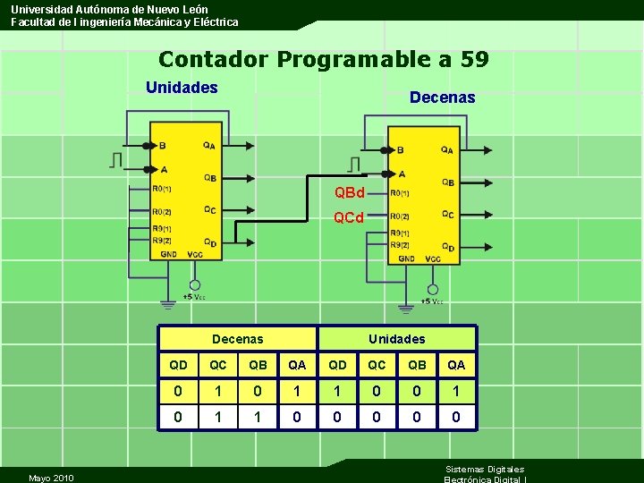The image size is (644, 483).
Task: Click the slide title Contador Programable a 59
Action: pyautogui.click(x=323, y=60)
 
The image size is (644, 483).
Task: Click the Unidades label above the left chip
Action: pyautogui.click(x=182, y=88)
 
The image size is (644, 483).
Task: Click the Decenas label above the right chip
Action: pyautogui.click(x=442, y=97)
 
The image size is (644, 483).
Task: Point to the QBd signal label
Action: pyautogui.click(x=349, y=193)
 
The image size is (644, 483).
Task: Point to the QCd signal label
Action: pyautogui.click(x=348, y=217)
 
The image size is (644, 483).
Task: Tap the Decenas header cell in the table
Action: pyautogui.click(x=237, y=339)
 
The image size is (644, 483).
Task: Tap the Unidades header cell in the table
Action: pyautogui.click(x=396, y=339)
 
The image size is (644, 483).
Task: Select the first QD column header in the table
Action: pyautogui.click(x=178, y=365)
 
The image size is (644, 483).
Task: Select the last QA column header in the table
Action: pyautogui.click(x=456, y=365)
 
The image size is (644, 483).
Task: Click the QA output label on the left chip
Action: pyautogui.click(x=208, y=146)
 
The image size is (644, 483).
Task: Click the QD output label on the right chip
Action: pyautogui.click(x=447, y=247)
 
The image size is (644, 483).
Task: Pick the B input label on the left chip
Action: pyautogui.click(x=162, y=146)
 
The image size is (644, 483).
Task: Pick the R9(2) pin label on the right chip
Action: pyautogui.click(x=400, y=244)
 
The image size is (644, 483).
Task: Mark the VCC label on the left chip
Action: pyautogui.click(x=194, y=254)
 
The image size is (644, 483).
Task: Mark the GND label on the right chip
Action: pyautogui.click(x=406, y=258)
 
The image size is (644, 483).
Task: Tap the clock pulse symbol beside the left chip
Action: pyautogui.click(x=116, y=160)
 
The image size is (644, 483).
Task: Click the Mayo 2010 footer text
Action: pyautogui.click(x=51, y=478)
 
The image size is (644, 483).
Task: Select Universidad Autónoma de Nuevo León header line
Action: pyautogui.click(x=109, y=9)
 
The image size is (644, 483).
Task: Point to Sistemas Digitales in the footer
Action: pyautogui.click(x=484, y=469)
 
